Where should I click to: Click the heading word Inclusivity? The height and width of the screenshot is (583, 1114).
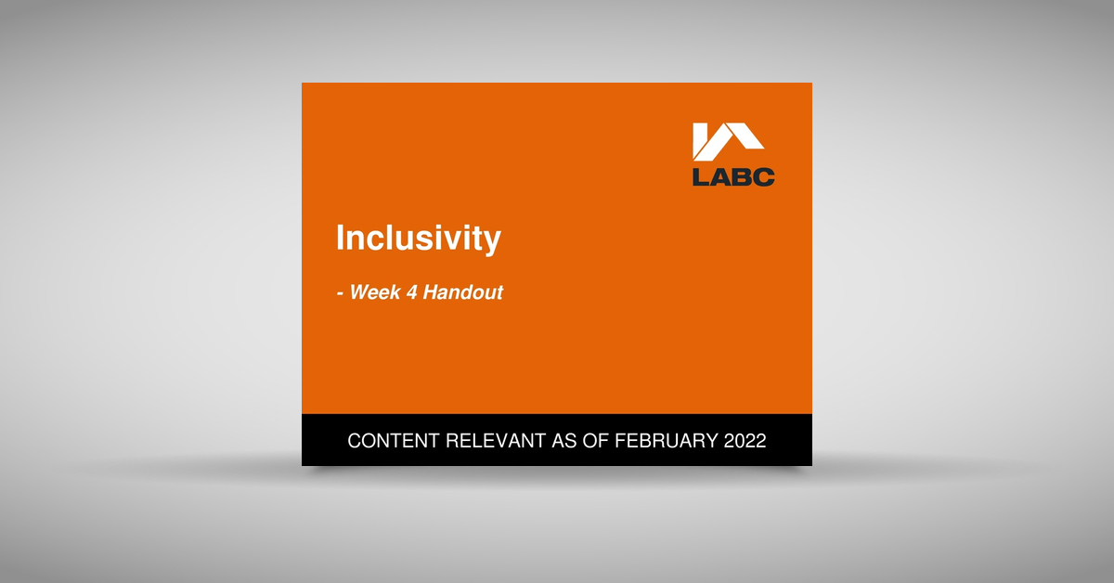[418, 239]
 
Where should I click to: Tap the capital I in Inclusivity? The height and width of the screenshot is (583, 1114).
[340, 238]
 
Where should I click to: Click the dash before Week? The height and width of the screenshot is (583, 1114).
[340, 293]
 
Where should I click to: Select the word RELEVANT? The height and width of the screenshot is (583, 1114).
[496, 441]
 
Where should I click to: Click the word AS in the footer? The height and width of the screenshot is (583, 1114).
[563, 441]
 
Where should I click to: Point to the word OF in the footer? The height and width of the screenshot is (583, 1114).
[598, 441]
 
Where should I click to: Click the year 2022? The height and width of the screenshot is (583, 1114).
[744, 441]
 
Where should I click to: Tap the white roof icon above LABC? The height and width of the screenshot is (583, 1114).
[729, 142]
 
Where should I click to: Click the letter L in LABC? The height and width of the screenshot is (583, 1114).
[701, 176]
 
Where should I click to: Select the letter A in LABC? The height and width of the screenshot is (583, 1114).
[721, 176]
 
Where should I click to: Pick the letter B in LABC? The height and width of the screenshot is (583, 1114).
[743, 176]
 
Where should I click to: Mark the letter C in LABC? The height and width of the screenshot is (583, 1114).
[764, 176]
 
